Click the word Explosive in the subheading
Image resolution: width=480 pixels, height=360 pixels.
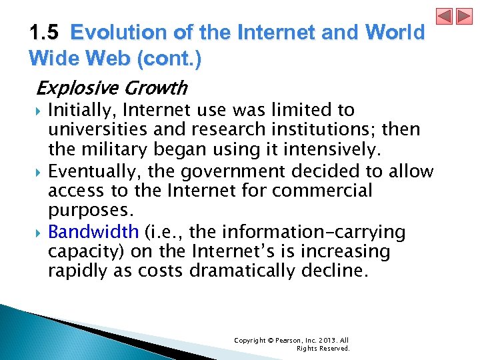[x=75, y=87]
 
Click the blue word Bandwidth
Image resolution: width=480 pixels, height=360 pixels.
[x=93, y=232]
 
